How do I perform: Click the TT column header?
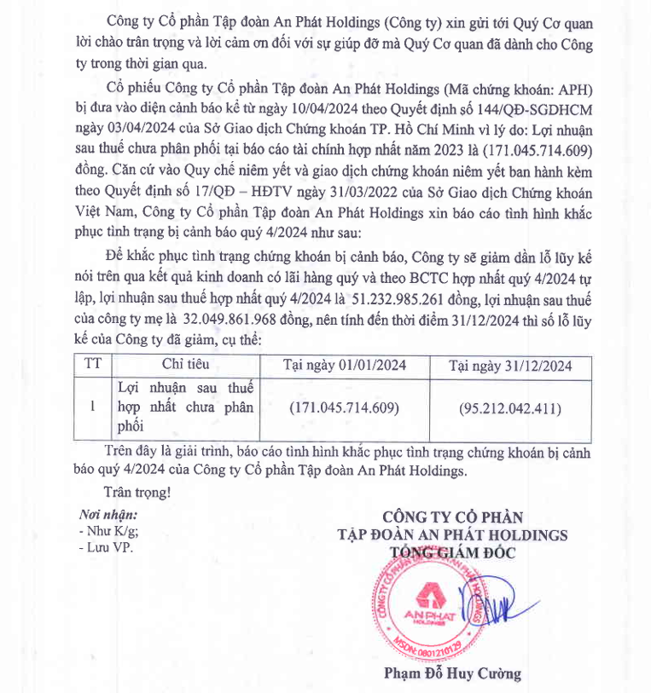[x=93, y=365]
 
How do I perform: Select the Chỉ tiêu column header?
[x=185, y=365]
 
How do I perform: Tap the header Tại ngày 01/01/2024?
[x=345, y=365]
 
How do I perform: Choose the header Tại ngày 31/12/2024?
[x=510, y=365]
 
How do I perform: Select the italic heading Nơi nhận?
[x=108, y=515]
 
